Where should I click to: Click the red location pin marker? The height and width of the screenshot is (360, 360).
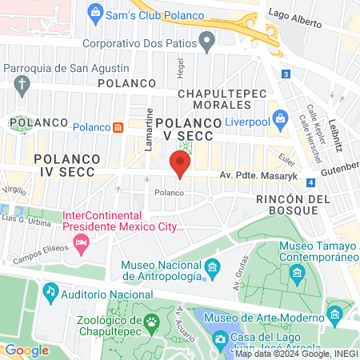tap(180, 166)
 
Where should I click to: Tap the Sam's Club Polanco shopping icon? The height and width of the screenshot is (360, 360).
tap(96, 13)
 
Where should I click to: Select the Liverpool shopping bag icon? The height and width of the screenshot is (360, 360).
tap(280, 120)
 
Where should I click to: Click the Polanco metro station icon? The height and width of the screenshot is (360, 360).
tap(118, 127)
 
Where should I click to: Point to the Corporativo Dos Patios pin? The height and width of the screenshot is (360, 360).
tap(207, 39)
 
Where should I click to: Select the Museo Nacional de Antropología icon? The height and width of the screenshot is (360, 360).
tap(212, 266)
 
